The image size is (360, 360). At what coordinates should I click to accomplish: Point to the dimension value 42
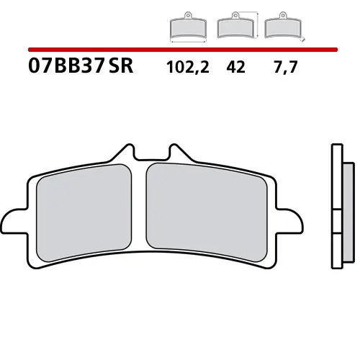[235, 68]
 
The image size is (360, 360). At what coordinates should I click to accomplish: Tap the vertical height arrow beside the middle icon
[255, 24]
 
